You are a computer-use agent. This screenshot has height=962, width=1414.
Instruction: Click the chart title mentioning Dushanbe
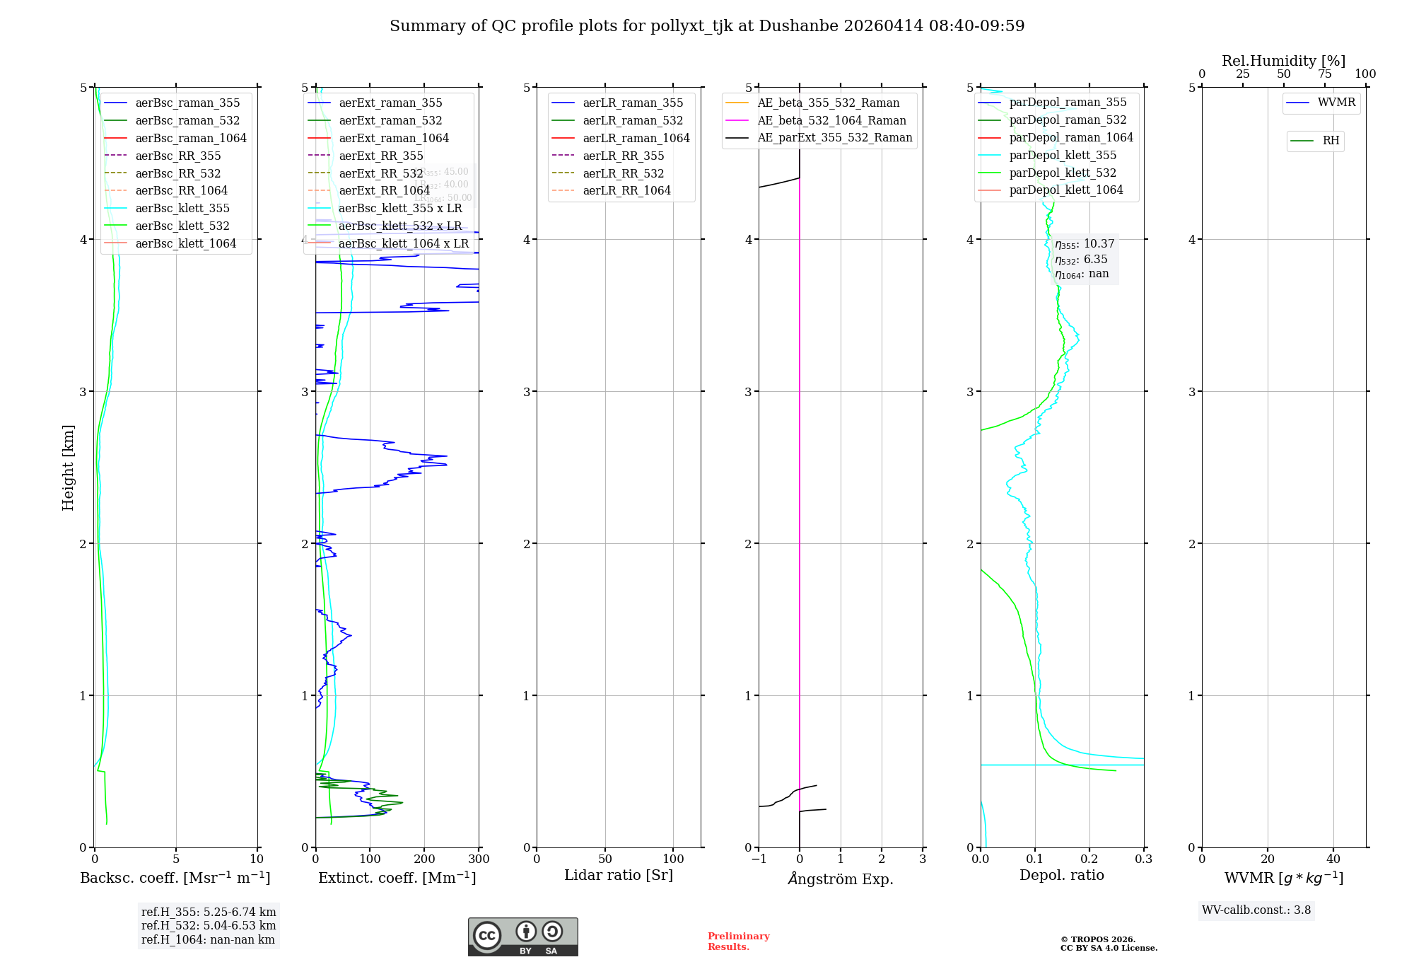707,26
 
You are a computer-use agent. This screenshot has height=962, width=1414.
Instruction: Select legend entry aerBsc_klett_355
182,208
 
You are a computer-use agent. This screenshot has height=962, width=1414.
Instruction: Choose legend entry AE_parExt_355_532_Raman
834,137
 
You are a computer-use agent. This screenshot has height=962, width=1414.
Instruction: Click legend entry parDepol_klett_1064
1066,190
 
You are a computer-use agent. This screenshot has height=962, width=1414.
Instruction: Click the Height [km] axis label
68,468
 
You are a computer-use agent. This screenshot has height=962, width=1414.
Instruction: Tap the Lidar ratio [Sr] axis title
619,875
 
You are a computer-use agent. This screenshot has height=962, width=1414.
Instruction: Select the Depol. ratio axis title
1061,875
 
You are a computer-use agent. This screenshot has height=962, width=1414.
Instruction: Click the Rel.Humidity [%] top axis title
1283,61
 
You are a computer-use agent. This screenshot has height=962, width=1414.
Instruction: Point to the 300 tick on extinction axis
479,859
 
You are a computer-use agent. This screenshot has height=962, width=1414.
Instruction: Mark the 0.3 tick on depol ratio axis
1143,859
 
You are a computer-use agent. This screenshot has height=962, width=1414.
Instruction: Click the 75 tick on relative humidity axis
1324,74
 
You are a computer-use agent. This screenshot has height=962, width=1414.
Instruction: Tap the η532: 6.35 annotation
1081,260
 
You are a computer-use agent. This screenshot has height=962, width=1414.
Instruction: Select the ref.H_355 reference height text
209,912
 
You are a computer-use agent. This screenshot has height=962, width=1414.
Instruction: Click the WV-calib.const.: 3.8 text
1256,910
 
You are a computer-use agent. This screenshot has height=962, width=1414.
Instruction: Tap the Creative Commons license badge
522,937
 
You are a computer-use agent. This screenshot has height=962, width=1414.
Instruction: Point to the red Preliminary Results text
738,941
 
